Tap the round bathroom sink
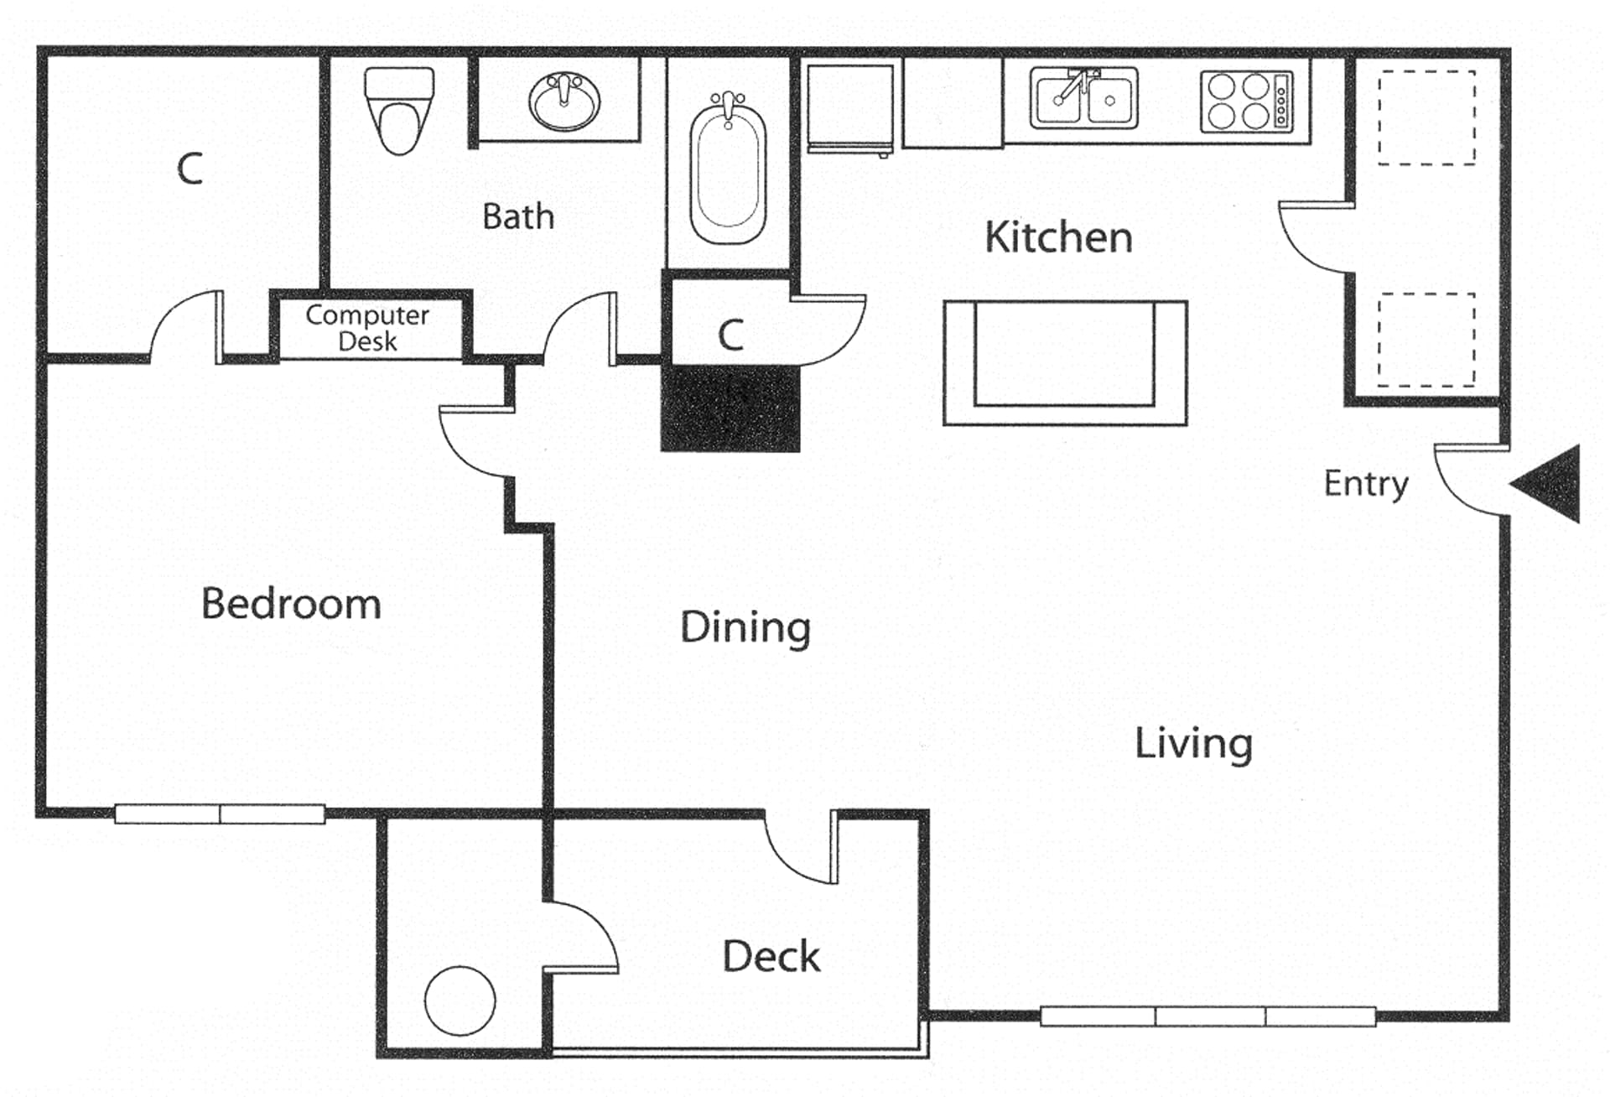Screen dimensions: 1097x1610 click(564, 101)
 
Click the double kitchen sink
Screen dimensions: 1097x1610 click(1083, 99)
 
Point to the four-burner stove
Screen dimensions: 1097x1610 click(1246, 101)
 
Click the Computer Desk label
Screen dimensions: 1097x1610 click(367, 328)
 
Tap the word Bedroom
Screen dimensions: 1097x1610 click(291, 604)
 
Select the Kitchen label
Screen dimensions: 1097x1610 click(1058, 237)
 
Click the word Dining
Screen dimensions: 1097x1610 click(745, 627)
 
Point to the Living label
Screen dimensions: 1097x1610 click(1193, 744)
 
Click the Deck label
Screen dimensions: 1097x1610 click(771, 957)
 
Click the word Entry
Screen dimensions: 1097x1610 click(1365, 484)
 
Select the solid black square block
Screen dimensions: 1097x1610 click(730, 408)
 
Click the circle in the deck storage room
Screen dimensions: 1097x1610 click(460, 1001)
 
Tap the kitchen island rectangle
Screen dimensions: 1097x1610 click(1064, 363)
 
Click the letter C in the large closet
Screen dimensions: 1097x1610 click(190, 169)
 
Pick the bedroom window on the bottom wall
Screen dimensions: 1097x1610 click(220, 814)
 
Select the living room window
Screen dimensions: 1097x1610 click(1207, 1016)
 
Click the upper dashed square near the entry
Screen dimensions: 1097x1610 click(1426, 117)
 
